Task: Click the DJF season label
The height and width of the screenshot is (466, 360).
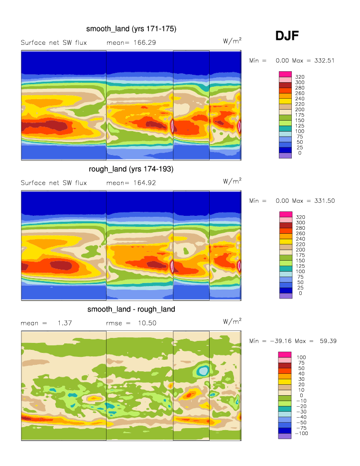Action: (x=287, y=36)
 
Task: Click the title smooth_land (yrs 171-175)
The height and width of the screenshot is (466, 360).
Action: (x=131, y=29)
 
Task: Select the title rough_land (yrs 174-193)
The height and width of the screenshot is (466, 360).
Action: (x=131, y=169)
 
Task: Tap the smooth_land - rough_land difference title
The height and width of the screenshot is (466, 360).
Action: (x=131, y=310)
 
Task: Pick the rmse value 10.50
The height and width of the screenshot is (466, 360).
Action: (x=147, y=323)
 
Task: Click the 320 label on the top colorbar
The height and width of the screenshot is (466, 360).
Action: (x=300, y=77)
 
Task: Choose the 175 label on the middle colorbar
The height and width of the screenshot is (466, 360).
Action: (x=300, y=255)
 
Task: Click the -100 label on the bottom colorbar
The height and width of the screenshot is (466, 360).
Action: (x=302, y=434)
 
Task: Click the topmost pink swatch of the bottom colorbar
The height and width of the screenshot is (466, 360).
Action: (x=284, y=355)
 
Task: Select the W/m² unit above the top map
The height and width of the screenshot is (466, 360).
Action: (x=232, y=41)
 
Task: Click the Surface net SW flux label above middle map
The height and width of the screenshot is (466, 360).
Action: (x=54, y=183)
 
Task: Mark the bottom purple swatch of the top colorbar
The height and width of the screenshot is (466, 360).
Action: (x=284, y=155)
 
